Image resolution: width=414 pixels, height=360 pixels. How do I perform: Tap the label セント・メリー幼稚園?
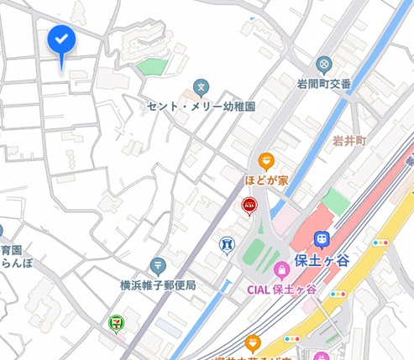(201, 107)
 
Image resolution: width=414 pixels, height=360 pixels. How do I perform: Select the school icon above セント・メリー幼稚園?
(201, 86)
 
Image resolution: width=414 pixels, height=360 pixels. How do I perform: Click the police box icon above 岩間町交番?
(324, 64)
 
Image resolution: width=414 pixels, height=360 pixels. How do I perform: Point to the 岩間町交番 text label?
(324, 82)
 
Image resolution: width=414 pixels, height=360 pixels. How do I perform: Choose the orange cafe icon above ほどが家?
(266, 159)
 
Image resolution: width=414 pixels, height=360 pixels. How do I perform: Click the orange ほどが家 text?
(266, 179)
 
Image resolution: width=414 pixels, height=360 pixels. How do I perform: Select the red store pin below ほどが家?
(249, 204)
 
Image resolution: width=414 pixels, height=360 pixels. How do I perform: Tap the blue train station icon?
(321, 239)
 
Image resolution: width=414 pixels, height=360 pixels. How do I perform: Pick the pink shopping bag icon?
(281, 271)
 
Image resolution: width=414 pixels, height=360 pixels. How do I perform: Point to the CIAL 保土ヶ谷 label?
(282, 290)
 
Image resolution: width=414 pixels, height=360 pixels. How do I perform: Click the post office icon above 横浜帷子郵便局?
(157, 266)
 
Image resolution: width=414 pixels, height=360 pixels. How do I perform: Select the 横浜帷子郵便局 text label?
(158, 285)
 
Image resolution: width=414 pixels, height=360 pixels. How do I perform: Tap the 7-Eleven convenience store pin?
(114, 321)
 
